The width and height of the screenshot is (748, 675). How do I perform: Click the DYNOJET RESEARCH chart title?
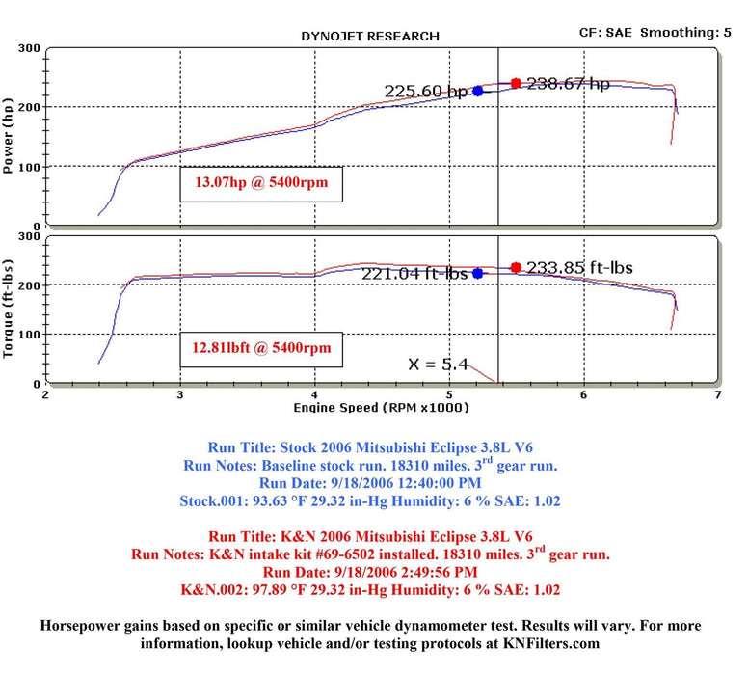pos(370,37)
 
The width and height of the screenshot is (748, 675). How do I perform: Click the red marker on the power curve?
pos(516,84)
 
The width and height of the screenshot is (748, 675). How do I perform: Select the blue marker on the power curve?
pos(477,92)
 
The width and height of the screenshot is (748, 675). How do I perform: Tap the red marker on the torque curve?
pos(516,267)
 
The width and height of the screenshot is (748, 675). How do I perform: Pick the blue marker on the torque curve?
pos(477,274)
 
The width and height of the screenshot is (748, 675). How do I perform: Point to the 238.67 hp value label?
pos(568,84)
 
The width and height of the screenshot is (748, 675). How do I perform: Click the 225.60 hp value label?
pos(426,92)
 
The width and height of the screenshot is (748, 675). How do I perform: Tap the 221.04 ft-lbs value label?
pos(414,274)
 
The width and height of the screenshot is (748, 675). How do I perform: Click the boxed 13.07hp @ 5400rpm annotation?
pos(261,182)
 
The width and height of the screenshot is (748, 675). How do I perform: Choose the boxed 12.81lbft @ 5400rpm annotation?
pos(261,347)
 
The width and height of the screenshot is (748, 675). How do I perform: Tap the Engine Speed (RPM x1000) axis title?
pos(382,408)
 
